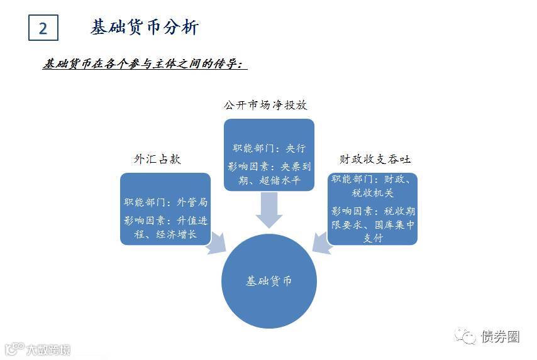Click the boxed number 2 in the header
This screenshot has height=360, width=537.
coord(43,28)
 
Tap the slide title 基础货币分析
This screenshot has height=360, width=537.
coord(145,28)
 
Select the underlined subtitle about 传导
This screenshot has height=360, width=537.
coord(145,64)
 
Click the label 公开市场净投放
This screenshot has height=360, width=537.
coord(266,105)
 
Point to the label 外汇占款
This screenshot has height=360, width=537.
coord(157,159)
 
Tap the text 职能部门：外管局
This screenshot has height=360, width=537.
coord(165,202)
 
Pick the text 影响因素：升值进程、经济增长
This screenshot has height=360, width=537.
coord(165,227)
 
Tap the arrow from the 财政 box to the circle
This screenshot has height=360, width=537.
coord(321,243)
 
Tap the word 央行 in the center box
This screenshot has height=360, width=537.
coord(296,148)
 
